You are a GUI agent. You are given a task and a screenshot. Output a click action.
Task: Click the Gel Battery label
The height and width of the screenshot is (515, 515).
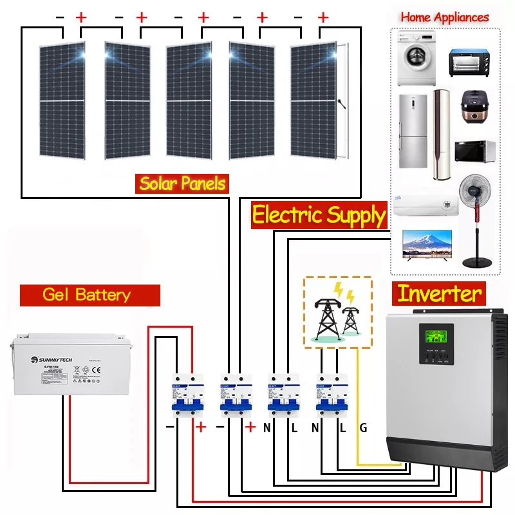coord(86,295)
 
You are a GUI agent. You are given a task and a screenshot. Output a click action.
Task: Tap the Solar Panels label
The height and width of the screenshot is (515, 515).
coord(183,184)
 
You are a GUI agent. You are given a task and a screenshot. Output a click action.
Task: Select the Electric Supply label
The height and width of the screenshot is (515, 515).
coord(318,215)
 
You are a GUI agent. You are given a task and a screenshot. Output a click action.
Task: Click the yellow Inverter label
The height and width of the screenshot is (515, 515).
coord(440,294)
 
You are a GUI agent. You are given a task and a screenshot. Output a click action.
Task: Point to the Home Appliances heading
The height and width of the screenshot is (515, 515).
coord(445,17)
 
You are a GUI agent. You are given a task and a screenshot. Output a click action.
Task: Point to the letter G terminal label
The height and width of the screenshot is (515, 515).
coord(363,427)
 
